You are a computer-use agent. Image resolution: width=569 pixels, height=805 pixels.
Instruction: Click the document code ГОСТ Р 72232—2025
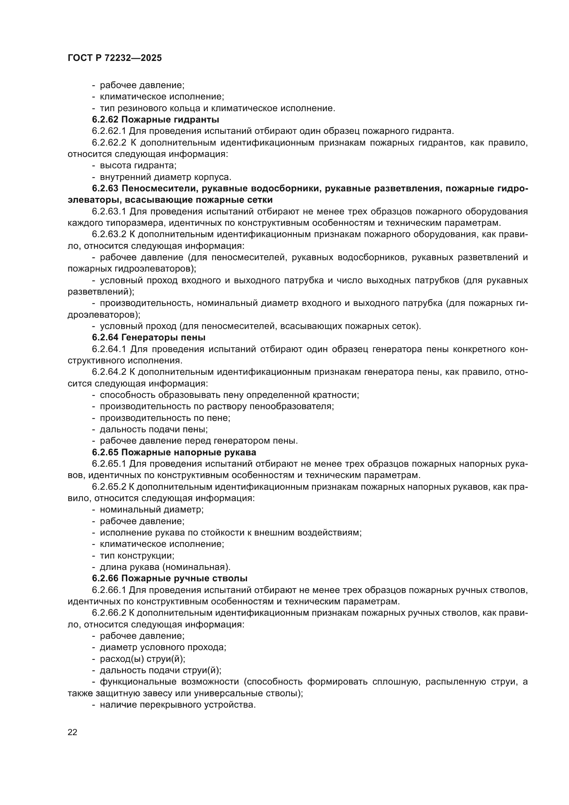point(115,58)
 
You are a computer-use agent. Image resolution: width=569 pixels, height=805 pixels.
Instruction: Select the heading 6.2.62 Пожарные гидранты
point(155,119)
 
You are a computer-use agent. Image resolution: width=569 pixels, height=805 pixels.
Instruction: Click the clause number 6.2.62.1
point(109,131)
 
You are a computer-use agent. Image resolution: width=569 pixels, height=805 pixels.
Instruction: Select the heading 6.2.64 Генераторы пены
point(149,337)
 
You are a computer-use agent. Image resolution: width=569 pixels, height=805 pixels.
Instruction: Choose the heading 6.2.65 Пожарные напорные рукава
point(174,452)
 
